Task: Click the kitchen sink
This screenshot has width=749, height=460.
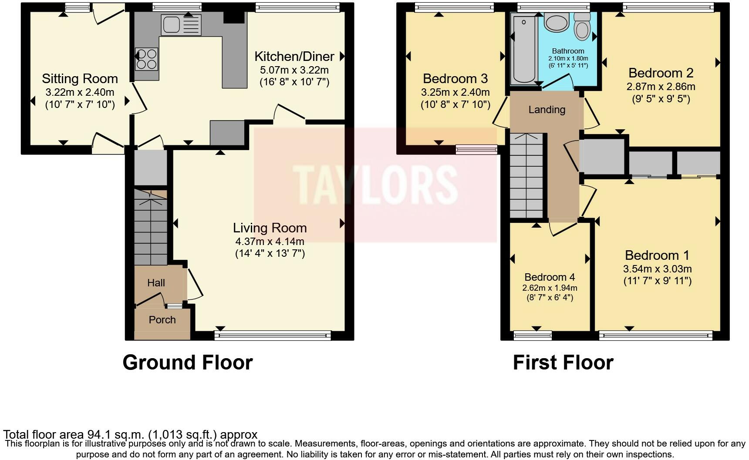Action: (181, 25)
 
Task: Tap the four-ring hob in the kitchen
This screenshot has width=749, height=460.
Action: (146, 59)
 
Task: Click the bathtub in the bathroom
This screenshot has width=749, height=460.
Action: (524, 48)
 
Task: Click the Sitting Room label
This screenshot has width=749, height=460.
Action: (80, 79)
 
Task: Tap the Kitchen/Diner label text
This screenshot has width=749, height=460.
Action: (294, 57)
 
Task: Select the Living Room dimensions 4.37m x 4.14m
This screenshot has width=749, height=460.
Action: (270, 241)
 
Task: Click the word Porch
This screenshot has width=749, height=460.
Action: (162, 320)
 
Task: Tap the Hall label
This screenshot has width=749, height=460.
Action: (156, 283)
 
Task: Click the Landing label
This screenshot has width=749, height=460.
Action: (547, 110)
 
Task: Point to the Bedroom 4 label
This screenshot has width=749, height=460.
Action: (550, 277)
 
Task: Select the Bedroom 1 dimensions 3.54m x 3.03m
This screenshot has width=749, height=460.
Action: (657, 269)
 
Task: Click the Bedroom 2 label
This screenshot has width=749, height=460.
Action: (661, 73)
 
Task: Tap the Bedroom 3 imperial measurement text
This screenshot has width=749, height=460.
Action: (455, 104)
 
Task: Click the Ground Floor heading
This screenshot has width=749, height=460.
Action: (187, 363)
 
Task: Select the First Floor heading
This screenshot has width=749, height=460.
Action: (563, 363)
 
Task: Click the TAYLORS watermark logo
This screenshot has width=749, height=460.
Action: (374, 185)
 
